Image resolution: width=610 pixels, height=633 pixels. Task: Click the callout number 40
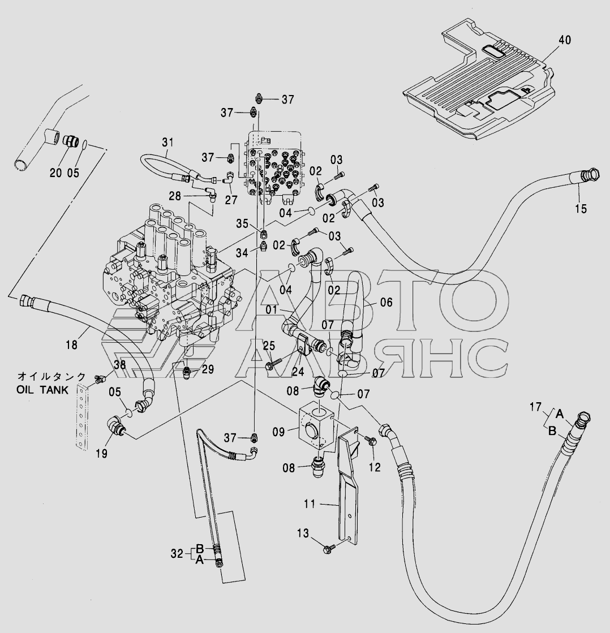click(x=564, y=40)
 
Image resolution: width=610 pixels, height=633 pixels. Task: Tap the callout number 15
click(x=581, y=209)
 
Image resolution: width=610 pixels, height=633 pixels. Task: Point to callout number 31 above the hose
click(x=167, y=143)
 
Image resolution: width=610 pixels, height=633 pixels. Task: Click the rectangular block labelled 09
click(x=315, y=428)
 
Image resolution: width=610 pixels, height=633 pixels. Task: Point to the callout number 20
click(x=55, y=173)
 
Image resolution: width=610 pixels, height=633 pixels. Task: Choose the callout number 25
click(x=269, y=346)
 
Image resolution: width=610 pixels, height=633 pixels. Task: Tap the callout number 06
click(x=386, y=303)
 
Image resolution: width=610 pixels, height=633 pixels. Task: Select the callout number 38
click(x=120, y=365)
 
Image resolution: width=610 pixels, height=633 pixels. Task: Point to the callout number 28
click(x=175, y=196)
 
